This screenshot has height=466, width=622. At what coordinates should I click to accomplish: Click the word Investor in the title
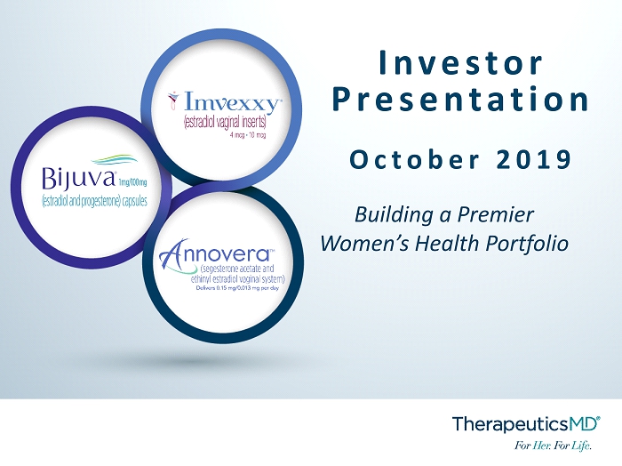[460, 62]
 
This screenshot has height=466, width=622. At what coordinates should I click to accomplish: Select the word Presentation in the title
[460, 99]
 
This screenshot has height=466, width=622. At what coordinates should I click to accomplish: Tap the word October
[415, 159]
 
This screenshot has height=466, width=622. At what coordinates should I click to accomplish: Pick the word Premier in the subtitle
[496, 214]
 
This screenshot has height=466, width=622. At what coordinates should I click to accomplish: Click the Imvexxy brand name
[233, 103]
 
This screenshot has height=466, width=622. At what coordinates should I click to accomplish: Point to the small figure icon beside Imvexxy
[173, 100]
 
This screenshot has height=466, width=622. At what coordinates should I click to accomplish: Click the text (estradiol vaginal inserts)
[225, 122]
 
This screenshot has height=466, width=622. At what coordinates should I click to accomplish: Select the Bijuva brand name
[78, 178]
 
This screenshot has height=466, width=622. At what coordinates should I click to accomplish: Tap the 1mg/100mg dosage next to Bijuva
[132, 182]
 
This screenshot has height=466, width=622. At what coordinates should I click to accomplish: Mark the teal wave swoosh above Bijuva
[115, 160]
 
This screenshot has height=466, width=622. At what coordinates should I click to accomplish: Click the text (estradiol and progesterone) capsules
[94, 202]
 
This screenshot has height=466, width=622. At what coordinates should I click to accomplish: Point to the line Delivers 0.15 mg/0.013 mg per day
[237, 288]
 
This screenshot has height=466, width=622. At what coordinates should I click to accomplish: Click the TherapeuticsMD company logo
[526, 423]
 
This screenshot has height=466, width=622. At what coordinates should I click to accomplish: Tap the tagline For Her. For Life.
[553, 446]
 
